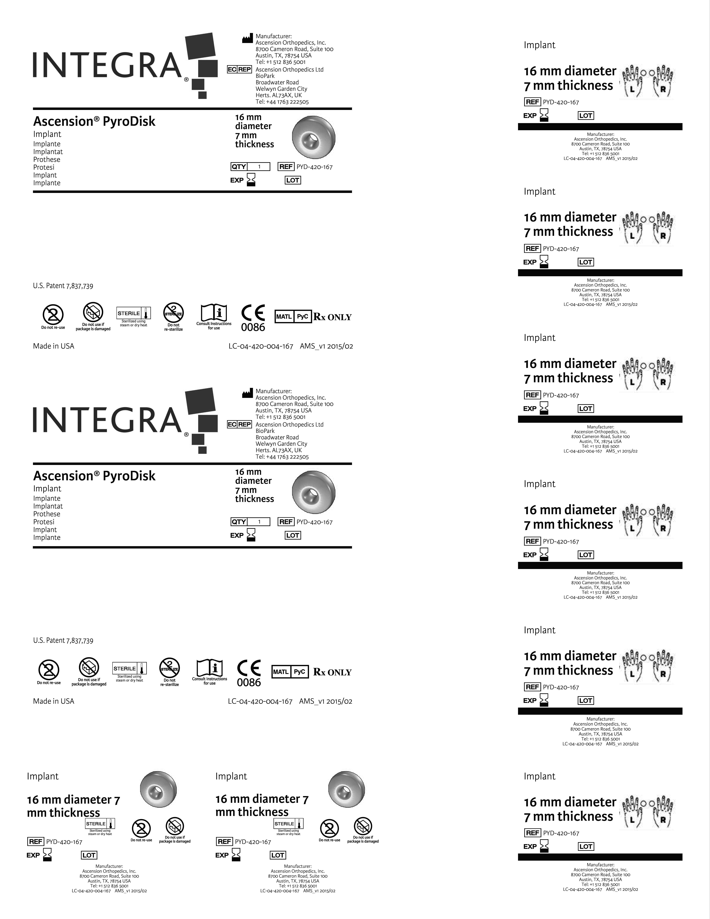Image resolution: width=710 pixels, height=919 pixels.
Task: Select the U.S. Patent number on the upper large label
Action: (x=63, y=286)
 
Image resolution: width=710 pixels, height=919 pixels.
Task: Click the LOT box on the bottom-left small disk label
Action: (x=89, y=855)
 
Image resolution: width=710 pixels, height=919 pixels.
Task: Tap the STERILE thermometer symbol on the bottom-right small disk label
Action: (x=289, y=824)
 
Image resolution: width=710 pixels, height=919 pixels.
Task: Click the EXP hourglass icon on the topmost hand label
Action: (x=544, y=115)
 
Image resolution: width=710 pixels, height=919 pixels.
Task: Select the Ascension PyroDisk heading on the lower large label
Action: (x=94, y=476)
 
